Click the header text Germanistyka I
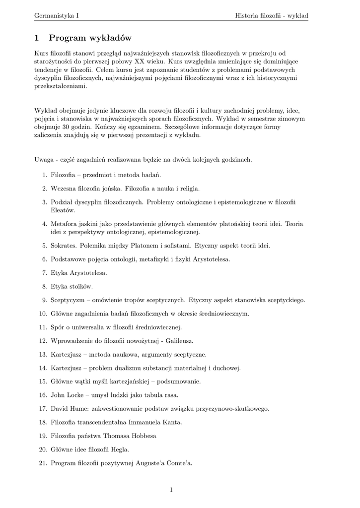point(57,16)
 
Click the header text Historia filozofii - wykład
point(272,16)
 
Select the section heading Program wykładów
point(90,38)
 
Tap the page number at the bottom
point(171,490)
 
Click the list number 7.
point(44,273)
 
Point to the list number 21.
point(43,463)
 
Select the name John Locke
point(66,395)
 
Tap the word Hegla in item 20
point(120,449)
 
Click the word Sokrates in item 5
point(63,246)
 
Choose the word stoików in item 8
point(80,286)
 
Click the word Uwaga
point(44,160)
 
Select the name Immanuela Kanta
point(155,422)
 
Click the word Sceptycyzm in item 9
point(67,300)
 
